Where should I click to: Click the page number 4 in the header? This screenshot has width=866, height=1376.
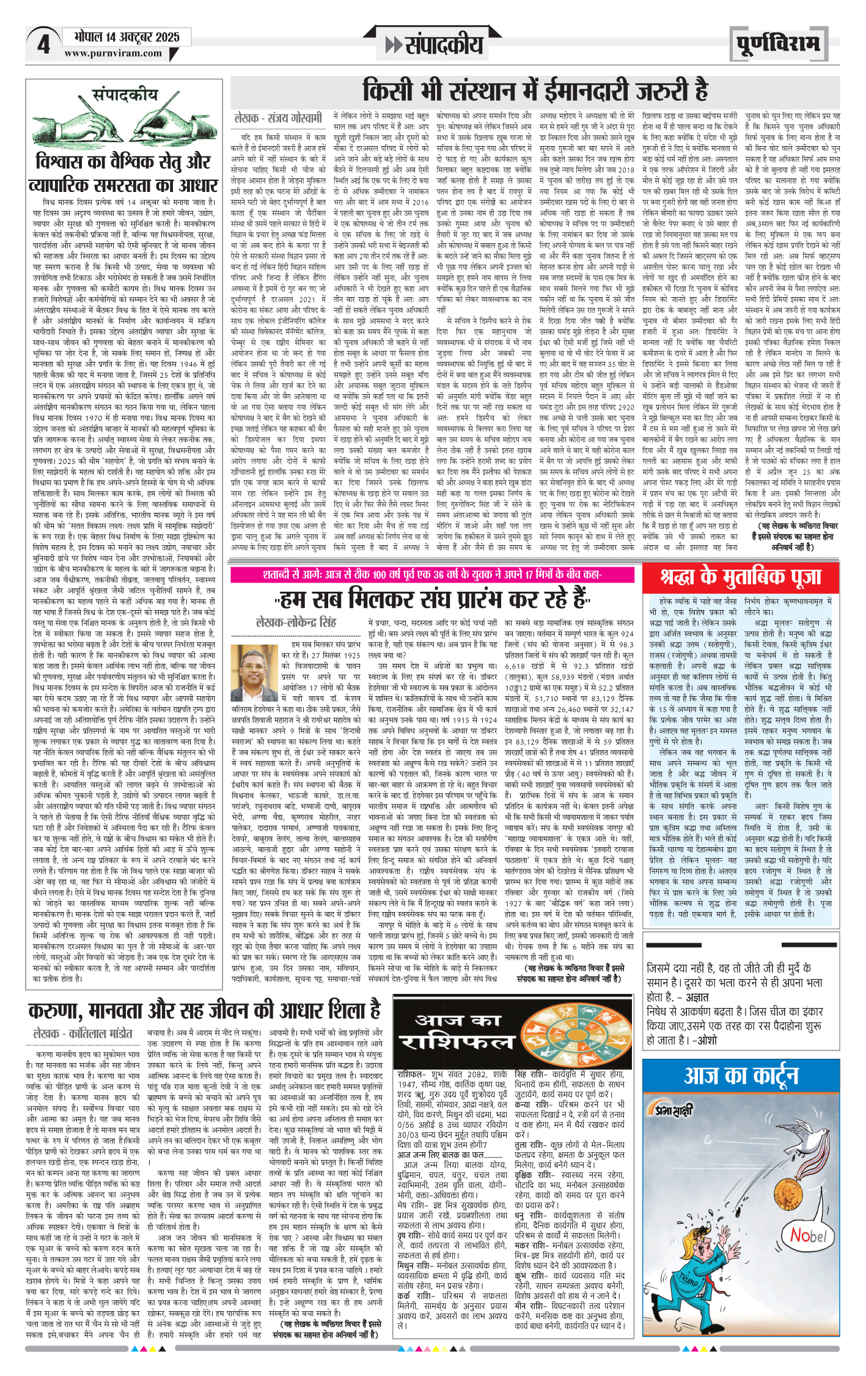43,45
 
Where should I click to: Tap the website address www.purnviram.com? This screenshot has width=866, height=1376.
113,53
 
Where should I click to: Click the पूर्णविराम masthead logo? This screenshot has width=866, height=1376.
777,44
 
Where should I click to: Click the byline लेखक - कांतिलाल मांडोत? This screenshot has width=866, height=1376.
83,1033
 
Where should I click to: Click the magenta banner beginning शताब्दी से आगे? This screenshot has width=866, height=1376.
433,574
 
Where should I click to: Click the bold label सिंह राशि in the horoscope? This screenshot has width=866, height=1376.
533,1074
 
